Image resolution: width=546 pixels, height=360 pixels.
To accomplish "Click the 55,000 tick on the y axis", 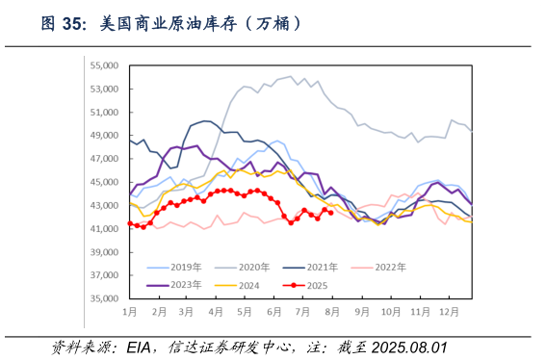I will (102, 65).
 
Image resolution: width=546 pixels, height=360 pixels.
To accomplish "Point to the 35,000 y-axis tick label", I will (102, 298).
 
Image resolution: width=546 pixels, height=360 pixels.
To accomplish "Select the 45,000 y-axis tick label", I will (102, 182).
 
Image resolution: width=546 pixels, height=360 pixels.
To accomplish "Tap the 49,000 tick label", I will (102, 136).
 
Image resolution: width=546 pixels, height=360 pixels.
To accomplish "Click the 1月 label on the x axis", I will (130, 313).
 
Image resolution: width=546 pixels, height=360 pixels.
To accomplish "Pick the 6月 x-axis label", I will (273, 313).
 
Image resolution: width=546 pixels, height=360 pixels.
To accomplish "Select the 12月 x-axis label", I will (447, 313).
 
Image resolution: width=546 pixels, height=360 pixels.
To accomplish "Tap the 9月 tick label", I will (360, 313).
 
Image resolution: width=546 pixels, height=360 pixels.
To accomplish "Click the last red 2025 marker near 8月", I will (331, 213).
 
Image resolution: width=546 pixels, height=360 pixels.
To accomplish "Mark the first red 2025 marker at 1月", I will (130, 224).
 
